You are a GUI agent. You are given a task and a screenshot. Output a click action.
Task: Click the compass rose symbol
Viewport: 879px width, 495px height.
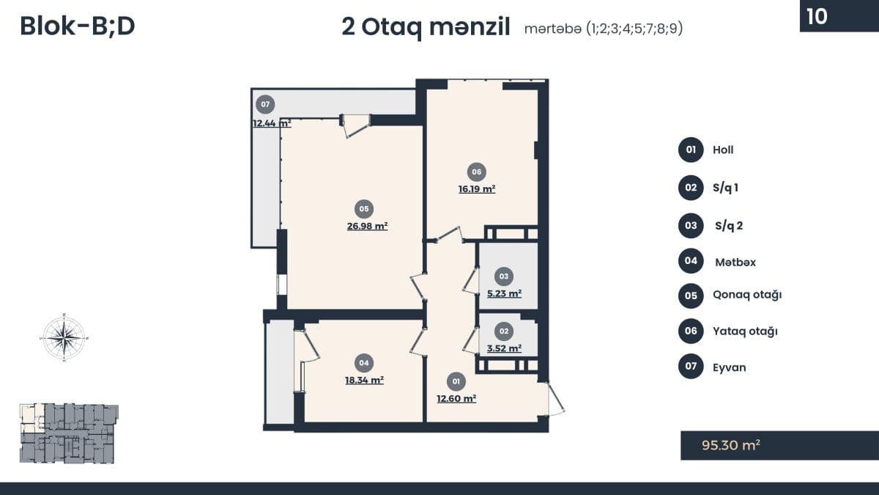(x=64, y=337)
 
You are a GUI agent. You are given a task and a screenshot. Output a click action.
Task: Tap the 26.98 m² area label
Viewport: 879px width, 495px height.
(x=367, y=227)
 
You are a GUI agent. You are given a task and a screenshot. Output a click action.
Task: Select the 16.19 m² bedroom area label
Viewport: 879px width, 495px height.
(x=477, y=189)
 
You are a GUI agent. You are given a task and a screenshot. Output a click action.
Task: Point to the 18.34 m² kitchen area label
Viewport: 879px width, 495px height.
(x=364, y=381)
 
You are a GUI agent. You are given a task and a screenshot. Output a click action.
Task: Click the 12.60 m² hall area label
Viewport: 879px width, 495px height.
(x=456, y=399)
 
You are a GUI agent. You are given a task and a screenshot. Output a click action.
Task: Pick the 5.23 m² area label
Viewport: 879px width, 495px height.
(x=504, y=294)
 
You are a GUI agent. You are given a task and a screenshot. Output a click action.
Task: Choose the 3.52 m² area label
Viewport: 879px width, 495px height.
(x=504, y=348)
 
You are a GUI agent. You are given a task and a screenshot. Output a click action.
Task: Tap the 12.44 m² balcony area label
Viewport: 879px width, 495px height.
(x=272, y=123)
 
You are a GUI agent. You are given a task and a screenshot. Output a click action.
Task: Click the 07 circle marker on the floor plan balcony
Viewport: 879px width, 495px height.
(x=265, y=104)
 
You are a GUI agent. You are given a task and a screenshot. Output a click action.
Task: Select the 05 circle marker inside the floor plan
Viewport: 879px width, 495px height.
(x=364, y=209)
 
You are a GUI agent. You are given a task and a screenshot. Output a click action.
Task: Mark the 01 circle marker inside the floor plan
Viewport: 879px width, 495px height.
(x=456, y=381)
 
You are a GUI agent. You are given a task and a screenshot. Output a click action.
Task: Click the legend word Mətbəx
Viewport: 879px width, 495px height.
(x=735, y=263)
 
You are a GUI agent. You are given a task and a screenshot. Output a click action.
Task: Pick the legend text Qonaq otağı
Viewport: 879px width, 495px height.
(x=747, y=295)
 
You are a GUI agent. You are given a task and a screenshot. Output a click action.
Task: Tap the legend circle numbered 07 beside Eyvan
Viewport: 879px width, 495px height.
(x=691, y=366)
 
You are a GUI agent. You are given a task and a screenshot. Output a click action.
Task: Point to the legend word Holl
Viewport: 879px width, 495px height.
(x=723, y=150)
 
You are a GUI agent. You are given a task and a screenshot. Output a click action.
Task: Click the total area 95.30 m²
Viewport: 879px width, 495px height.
(x=731, y=445)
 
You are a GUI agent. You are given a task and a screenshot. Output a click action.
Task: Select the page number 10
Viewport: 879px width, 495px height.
(x=817, y=16)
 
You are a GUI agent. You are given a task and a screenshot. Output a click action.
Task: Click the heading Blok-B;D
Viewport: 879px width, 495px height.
(x=78, y=26)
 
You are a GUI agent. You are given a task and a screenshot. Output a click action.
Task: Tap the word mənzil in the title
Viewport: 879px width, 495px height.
(x=470, y=28)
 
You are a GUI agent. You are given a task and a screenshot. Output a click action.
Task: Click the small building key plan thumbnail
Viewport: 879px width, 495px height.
(x=69, y=433)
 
